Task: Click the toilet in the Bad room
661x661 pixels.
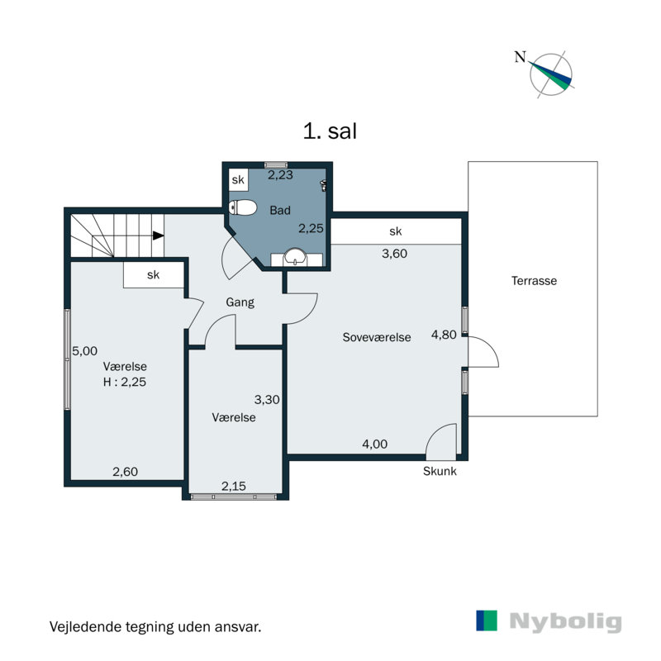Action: click(243, 207)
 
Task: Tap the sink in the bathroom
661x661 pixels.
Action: click(296, 257)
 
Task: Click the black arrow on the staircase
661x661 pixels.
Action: click(158, 235)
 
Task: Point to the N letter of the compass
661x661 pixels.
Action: click(521, 56)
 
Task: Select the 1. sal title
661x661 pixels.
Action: click(330, 131)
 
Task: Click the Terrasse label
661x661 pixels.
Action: click(534, 281)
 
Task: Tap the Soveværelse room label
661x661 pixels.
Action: click(377, 337)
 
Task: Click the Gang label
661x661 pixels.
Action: click(240, 302)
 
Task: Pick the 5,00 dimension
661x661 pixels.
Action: click(85, 350)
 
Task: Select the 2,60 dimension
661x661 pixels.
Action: click(126, 471)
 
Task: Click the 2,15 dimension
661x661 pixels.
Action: click(234, 486)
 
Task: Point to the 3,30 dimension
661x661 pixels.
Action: click(267, 399)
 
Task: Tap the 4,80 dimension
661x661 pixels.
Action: click(444, 335)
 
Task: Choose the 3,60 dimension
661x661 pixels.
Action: click(395, 254)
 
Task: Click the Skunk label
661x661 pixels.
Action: click(440, 471)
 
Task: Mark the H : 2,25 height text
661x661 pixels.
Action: click(125, 382)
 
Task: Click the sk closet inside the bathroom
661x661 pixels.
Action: click(238, 180)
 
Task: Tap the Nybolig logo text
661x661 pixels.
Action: click(565, 621)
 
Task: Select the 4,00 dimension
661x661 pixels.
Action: click(375, 444)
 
